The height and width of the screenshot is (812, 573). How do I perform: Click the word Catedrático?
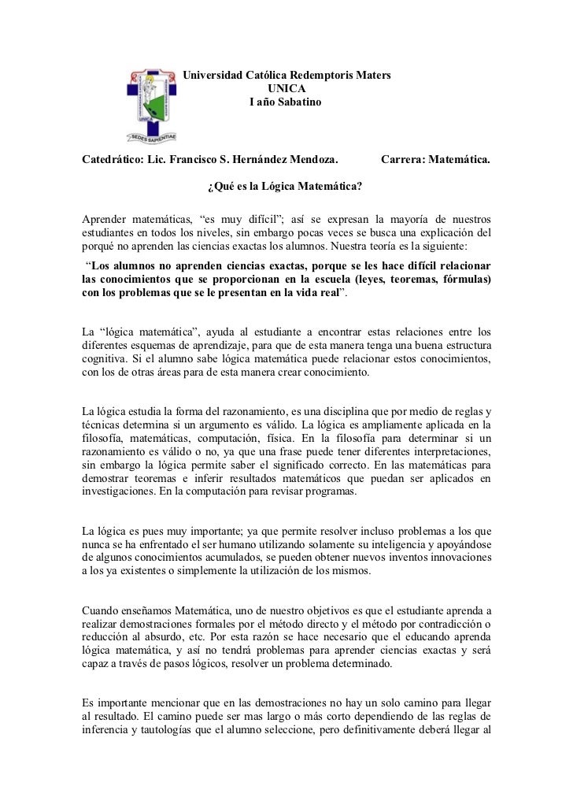point(108,161)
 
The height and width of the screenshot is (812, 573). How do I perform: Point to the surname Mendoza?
point(307,161)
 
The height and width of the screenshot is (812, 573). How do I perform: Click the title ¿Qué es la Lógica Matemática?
point(284,187)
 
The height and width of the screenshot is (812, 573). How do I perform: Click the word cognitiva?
point(108,362)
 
